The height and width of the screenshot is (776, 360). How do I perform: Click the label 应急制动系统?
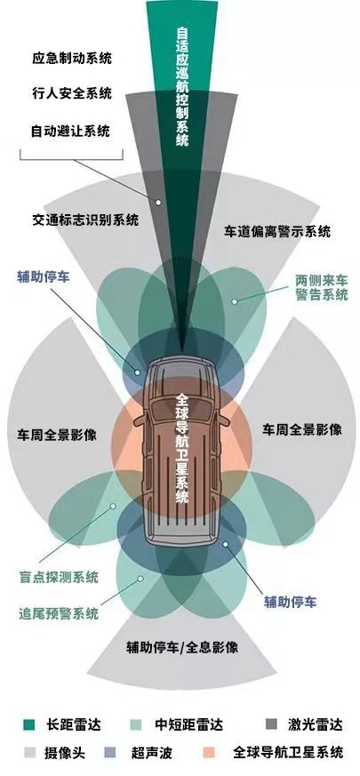(x=72, y=58)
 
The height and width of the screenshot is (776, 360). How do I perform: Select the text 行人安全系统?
(x=72, y=92)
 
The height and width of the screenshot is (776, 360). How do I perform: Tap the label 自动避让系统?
(x=71, y=132)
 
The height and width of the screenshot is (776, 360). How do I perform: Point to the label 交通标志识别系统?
(x=85, y=220)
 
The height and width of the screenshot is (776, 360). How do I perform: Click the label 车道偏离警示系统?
(x=277, y=231)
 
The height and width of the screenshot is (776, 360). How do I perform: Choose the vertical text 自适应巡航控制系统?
(x=182, y=85)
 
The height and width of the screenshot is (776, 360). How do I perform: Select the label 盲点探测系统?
(x=59, y=577)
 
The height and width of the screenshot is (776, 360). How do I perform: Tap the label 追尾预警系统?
(x=59, y=613)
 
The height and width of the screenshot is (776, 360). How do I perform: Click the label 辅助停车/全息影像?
(x=182, y=647)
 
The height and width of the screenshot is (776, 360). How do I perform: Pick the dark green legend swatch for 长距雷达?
(x=29, y=725)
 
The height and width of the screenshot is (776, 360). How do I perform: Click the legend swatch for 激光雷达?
(x=271, y=725)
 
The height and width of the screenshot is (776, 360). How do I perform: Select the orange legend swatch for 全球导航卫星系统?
(x=210, y=753)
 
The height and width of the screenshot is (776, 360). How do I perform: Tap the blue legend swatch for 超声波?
(x=111, y=753)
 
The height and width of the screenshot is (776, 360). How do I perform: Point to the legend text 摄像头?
(x=65, y=753)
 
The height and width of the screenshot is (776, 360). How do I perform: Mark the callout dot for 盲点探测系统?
(x=114, y=507)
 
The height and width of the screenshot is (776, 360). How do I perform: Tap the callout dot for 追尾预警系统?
(x=140, y=578)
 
